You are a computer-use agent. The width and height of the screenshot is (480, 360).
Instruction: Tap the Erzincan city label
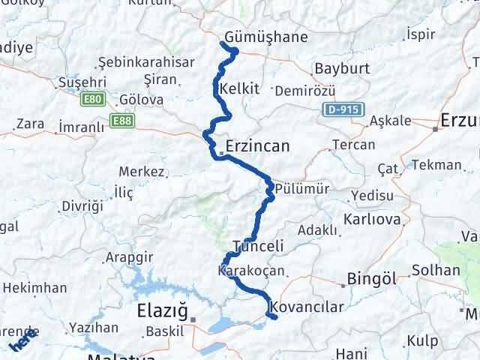tap(257, 146)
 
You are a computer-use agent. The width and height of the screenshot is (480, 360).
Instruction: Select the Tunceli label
tap(258, 246)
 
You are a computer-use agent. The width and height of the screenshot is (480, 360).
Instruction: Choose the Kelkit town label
tap(240, 88)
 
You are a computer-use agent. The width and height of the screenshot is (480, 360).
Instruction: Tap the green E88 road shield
tap(121, 119)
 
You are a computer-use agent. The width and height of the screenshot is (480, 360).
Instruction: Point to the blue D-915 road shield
tap(346, 110)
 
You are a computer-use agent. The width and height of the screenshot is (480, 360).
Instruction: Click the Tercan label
tap(353, 145)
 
